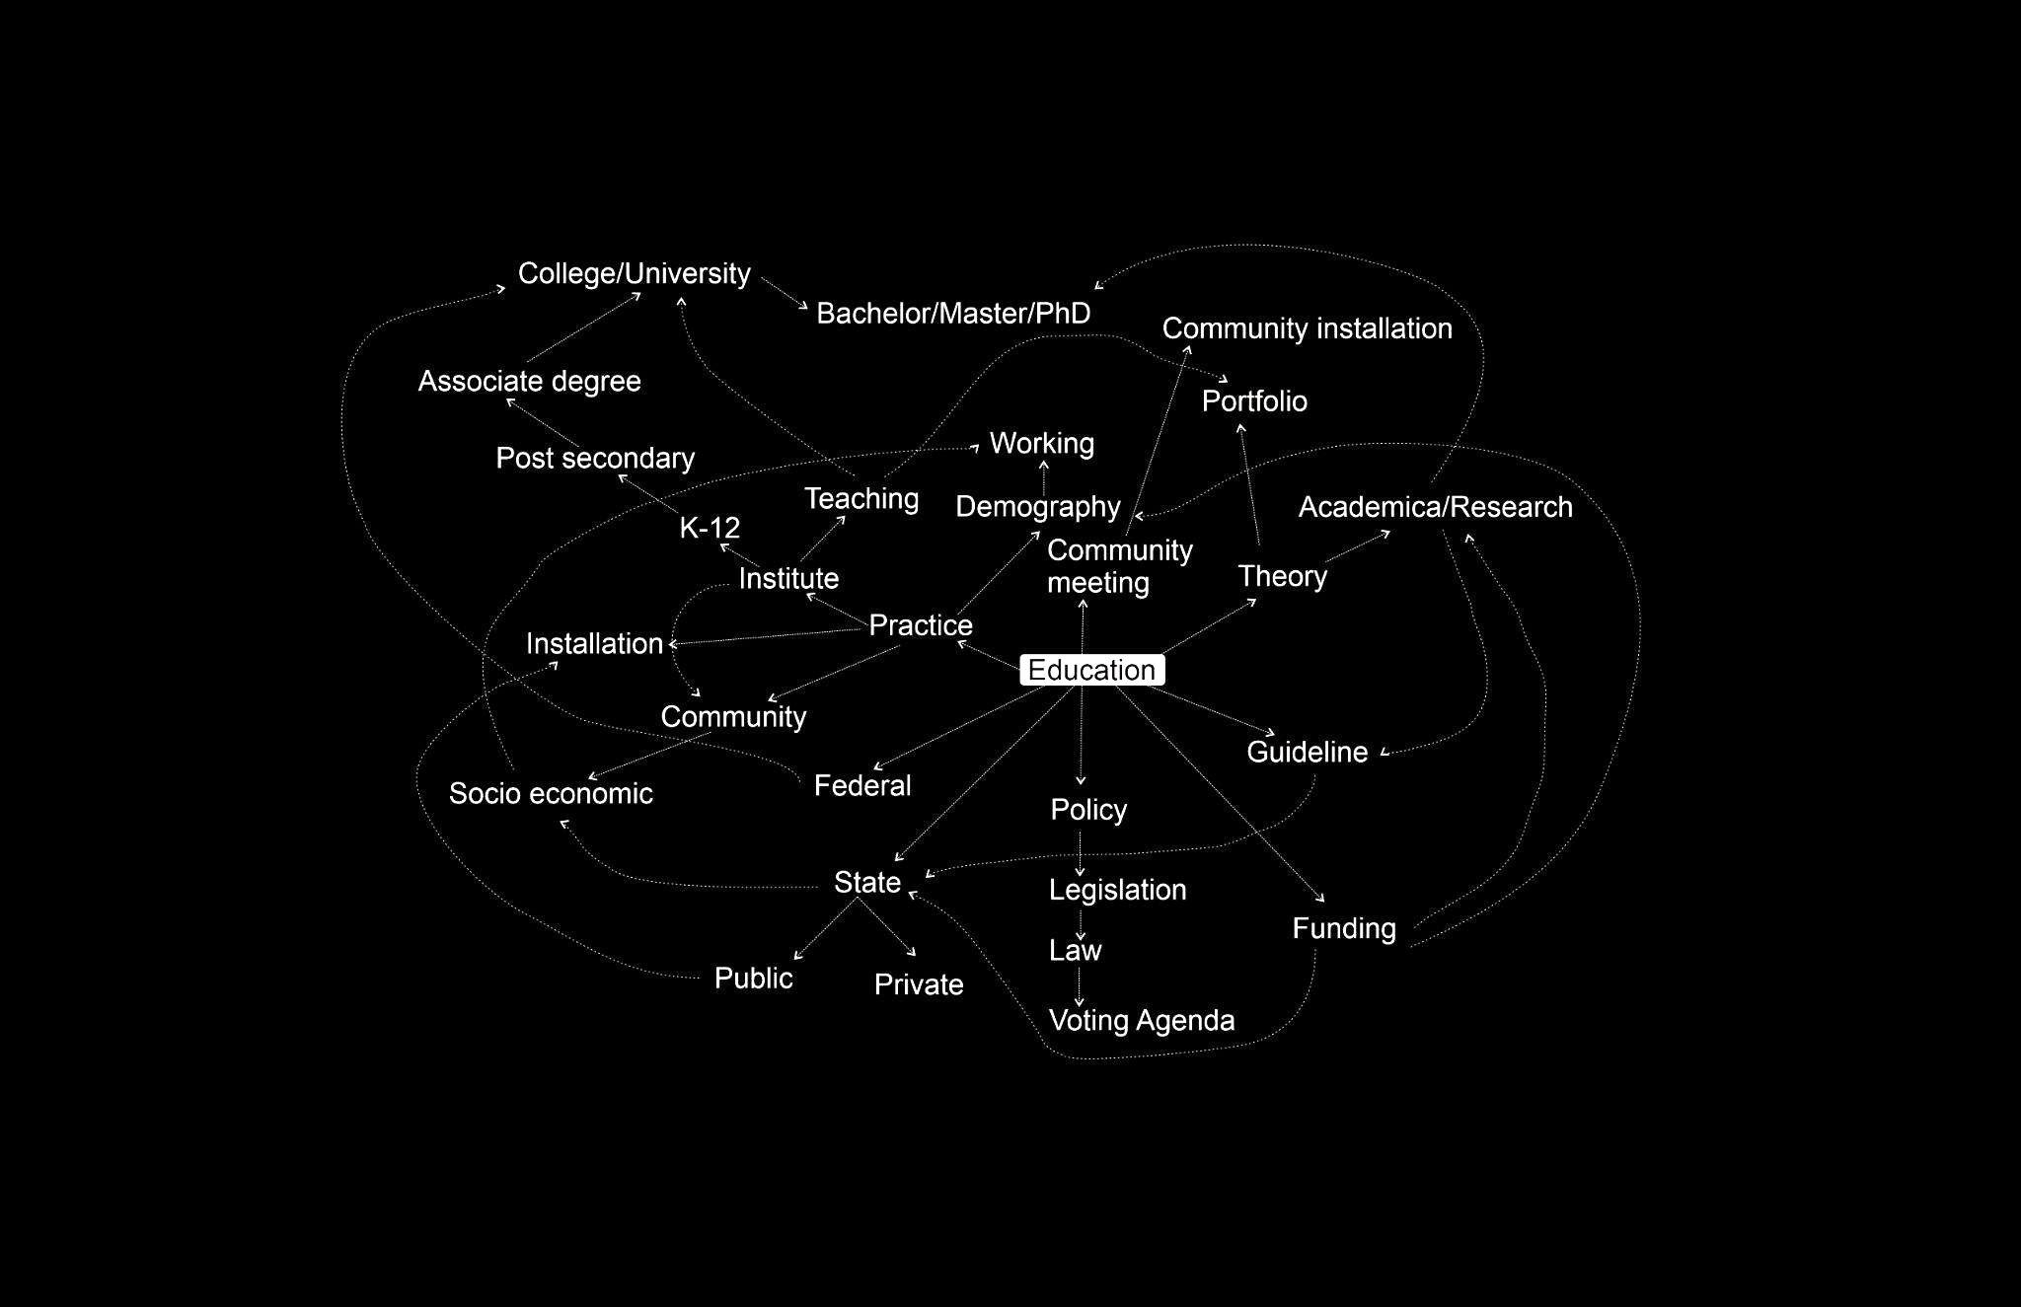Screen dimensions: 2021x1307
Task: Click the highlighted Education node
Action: tap(1091, 671)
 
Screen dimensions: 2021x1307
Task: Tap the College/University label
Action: tap(634, 273)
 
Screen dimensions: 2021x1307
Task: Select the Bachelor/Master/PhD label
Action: tap(953, 314)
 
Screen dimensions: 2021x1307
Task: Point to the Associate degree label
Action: tap(529, 381)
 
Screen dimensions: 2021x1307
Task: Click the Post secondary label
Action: tap(595, 458)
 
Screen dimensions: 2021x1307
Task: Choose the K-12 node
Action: tap(710, 528)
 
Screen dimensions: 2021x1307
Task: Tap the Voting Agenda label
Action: tap(1141, 1020)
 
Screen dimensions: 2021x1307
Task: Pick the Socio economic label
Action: tap(551, 793)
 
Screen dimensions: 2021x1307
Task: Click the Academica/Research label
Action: tap(1435, 507)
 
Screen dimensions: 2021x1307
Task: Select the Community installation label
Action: tap(1307, 328)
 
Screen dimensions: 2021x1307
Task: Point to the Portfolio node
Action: tap(1254, 401)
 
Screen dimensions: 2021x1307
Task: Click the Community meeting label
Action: tap(1119, 566)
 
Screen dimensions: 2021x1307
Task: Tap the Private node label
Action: tap(919, 984)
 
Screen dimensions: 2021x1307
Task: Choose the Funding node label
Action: tap(1344, 928)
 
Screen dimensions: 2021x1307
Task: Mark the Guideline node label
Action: tap(1307, 752)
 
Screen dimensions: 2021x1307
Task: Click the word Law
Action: tap(1075, 950)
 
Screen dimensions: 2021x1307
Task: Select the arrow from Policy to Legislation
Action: tap(1081, 853)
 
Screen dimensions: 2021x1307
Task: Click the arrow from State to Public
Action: tap(825, 928)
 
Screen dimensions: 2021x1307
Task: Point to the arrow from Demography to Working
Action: tap(1044, 477)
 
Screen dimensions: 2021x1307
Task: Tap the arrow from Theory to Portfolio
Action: tap(1250, 483)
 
